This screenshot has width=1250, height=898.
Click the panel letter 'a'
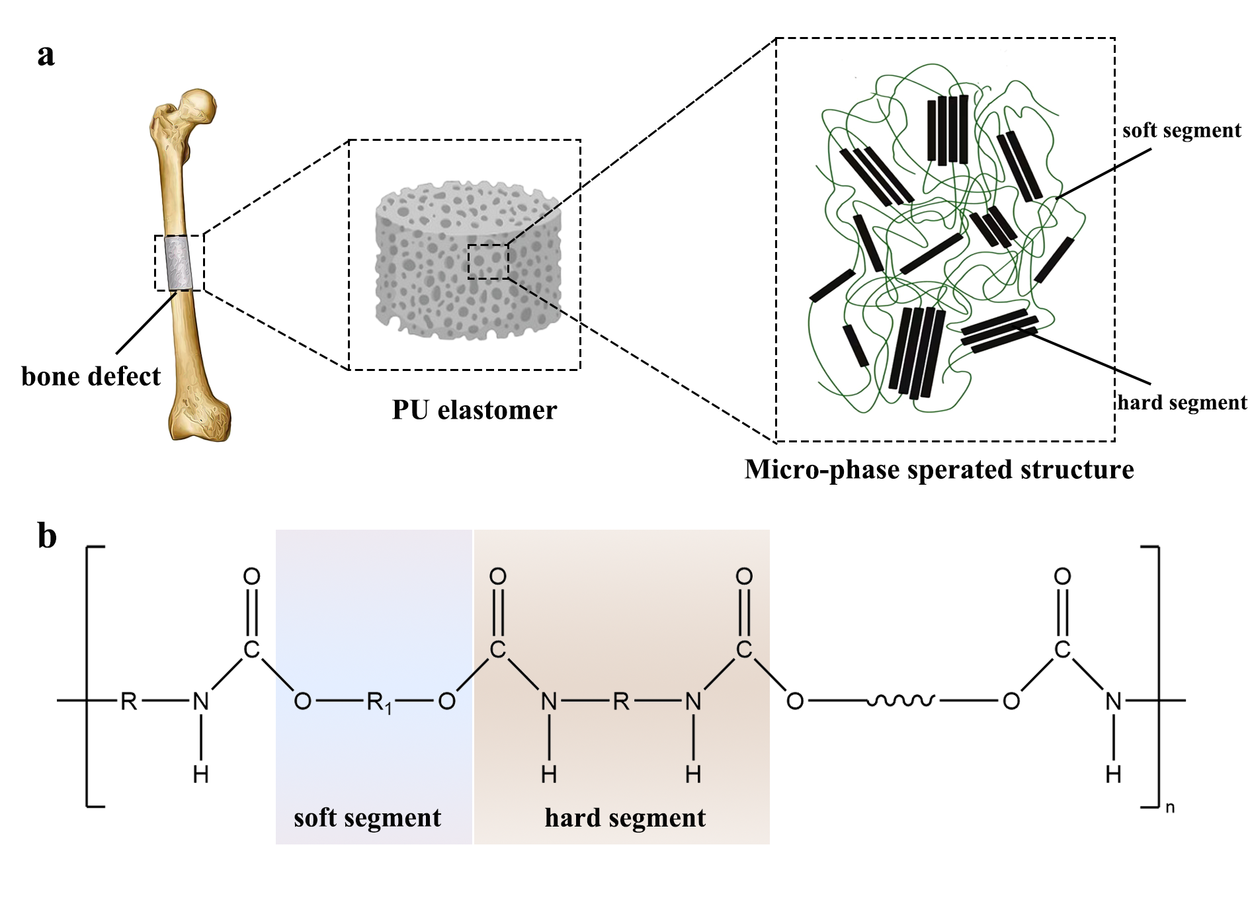[x=46, y=55]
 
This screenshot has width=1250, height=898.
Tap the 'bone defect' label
[x=91, y=376]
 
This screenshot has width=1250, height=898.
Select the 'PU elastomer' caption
[x=474, y=410]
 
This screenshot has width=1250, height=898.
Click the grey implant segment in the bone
[x=178, y=263]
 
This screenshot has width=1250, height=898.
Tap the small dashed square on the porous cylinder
[x=488, y=261]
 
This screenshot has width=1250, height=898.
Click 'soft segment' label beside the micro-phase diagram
[x=1181, y=130]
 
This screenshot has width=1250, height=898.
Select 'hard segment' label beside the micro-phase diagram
[x=1182, y=402]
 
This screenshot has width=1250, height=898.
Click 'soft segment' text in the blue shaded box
[x=367, y=818]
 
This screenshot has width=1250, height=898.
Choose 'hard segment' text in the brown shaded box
[x=625, y=818]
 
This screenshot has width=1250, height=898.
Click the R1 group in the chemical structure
[x=378, y=702]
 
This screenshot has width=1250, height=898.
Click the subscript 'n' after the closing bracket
[x=1170, y=807]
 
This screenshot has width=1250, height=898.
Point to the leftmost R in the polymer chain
[x=128, y=700]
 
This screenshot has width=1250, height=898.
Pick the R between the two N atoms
[x=621, y=700]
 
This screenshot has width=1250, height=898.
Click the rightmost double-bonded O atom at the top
[x=1062, y=576]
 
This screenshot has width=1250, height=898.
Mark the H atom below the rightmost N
[x=1114, y=774]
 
